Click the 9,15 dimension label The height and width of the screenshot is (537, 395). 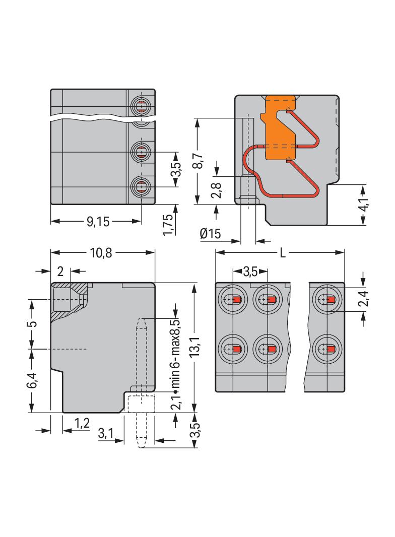click(x=98, y=222)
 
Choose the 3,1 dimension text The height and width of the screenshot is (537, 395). click(x=105, y=433)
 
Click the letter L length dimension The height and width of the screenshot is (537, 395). click(x=283, y=253)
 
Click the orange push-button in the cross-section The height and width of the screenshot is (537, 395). click(x=279, y=129)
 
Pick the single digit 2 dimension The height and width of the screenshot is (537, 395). click(x=60, y=272)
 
